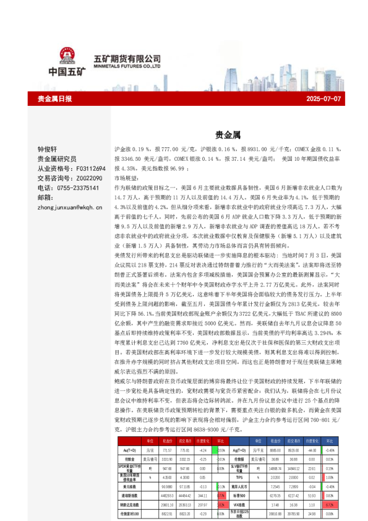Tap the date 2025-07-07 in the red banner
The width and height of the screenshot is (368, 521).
323,99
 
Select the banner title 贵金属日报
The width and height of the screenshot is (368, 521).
54,99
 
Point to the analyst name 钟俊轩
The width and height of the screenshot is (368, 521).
47,150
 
